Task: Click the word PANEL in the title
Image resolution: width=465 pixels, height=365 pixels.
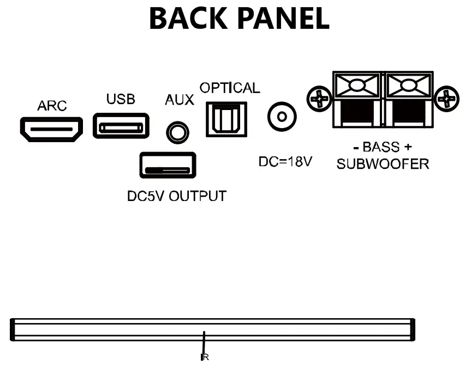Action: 284,19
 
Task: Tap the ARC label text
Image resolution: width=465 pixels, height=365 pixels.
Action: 52,106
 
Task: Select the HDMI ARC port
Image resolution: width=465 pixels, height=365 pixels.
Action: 52,129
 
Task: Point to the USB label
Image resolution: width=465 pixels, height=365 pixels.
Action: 121,100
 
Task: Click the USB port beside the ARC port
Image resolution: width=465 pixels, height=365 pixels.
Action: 121,126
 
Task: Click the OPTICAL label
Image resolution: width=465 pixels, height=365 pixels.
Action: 230,88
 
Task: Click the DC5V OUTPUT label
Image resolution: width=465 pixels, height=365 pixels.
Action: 176,196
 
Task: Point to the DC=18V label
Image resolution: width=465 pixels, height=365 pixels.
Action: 284,162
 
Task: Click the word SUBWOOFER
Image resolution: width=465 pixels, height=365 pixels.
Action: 382,164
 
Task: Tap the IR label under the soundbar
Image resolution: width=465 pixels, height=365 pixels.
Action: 205,358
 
